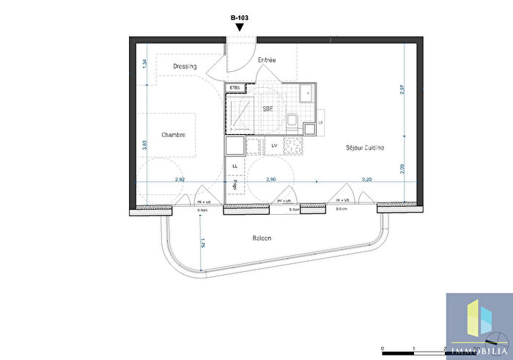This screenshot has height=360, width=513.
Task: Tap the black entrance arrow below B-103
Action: click(240, 27)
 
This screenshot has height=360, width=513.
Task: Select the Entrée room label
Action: click(266, 60)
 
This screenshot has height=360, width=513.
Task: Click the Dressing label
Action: click(185, 67)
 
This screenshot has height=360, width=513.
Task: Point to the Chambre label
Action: click(173, 135)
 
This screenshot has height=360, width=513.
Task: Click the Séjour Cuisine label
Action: click(365, 148)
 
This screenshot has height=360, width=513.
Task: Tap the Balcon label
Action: click(262, 238)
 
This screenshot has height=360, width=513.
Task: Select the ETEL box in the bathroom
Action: click(235, 88)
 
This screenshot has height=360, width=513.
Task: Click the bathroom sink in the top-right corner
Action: click(306, 93)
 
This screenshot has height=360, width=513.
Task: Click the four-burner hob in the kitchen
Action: click(293, 145)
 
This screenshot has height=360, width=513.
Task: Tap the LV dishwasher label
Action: click(274, 146)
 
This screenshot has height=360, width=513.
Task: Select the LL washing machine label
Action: click(235, 166)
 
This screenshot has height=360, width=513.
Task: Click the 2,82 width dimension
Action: click(180, 179)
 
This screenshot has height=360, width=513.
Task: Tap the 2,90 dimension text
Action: click(271, 179)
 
